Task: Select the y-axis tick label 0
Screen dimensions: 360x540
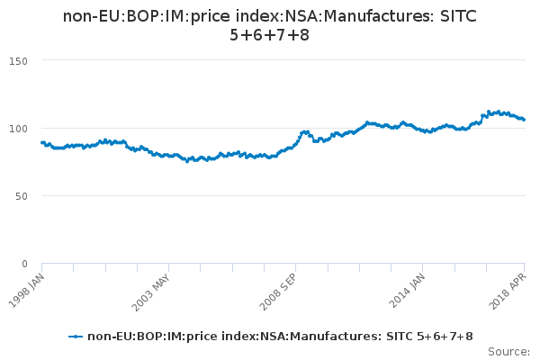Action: click(25, 264)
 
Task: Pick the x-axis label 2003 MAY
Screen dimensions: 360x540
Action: click(152, 288)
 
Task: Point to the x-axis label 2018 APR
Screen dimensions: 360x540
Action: click(511, 288)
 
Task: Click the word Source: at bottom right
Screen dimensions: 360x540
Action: click(508, 351)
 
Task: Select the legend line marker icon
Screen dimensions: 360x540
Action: click(76, 337)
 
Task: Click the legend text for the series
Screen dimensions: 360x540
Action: click(280, 337)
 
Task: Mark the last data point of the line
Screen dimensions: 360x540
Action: click(525, 120)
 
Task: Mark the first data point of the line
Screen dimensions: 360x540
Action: click(42, 142)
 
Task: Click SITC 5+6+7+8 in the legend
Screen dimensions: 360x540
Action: click(435, 337)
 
